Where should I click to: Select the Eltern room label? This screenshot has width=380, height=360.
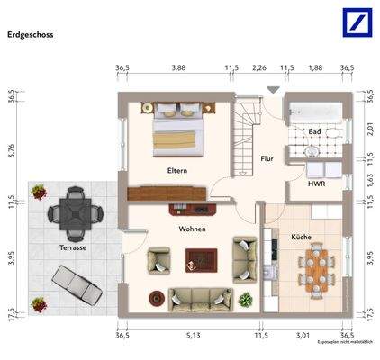pos(176,170)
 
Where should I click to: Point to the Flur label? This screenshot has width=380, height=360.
pos(267,158)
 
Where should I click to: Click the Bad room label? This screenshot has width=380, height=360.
pos(314,131)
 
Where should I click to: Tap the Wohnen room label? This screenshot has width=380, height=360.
pos(192,229)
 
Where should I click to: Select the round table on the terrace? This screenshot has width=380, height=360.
pos(68,211)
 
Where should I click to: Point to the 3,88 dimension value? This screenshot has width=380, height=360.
pos(178,67)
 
